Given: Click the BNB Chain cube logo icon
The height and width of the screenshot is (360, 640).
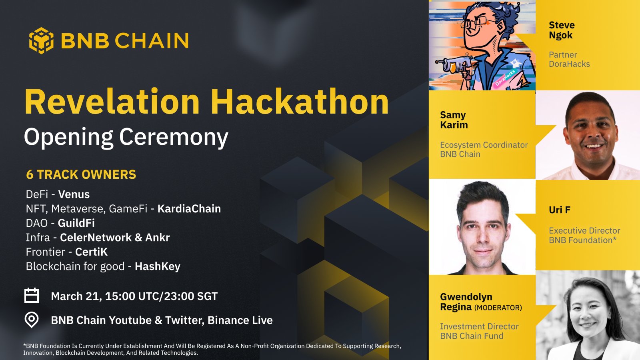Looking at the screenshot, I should pos(41,40).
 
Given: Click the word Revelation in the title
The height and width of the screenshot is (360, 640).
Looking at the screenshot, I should pos(112,102).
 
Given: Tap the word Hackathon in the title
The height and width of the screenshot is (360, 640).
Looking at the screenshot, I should pos(300,102).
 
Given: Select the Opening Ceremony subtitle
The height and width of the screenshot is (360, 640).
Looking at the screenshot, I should pos(126,137).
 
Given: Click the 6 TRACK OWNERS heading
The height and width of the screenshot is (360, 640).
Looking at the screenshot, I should pos(81,175).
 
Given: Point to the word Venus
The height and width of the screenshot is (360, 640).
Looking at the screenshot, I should pos(74,194).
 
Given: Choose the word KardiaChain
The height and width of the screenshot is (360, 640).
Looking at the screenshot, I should pos(189,209).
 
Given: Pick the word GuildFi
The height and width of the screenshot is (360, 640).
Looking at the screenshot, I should pos(76,223).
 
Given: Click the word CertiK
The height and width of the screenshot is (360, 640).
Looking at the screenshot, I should pos(92,252).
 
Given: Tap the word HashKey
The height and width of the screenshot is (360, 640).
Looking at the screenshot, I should pos(158,266).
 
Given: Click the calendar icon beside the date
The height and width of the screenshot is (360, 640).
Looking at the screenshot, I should pos(32,296).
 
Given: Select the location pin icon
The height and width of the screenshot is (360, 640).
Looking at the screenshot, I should pos(32,320).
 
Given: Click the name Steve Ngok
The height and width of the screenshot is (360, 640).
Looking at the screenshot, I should pos(562,30).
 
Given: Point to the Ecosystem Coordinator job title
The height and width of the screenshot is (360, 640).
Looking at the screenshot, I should pos(484,145).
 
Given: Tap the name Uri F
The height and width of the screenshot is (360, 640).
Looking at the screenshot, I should pos(560,210).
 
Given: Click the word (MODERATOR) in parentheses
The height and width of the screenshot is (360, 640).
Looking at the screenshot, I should pos(498,308).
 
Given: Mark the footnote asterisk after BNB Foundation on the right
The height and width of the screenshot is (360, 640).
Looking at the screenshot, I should pos(615,239).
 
